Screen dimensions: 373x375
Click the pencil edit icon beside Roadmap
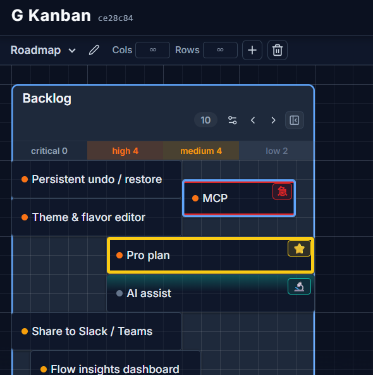tap(94, 50)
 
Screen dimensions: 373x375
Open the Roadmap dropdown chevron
tap(72, 51)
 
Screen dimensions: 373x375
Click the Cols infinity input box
tap(153, 50)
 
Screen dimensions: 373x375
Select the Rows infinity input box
tap(220, 50)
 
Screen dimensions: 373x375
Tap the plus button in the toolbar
tap(252, 50)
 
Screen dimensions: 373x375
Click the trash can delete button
tap(278, 50)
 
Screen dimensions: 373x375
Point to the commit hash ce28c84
tap(116, 18)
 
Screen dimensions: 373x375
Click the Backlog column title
tap(47, 98)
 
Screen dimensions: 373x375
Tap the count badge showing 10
tap(205, 120)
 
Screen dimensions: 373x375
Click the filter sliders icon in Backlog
tap(232, 120)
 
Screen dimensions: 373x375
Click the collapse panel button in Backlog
tap(295, 120)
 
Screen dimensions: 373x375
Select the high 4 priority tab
tap(125, 151)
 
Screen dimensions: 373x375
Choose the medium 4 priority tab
tap(201, 151)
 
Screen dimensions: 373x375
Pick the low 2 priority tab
tap(276, 151)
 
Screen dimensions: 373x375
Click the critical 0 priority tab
tap(49, 151)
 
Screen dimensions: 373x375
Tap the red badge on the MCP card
tap(283, 191)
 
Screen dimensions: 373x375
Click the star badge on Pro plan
tap(299, 248)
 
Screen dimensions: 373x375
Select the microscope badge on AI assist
tap(299, 286)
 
